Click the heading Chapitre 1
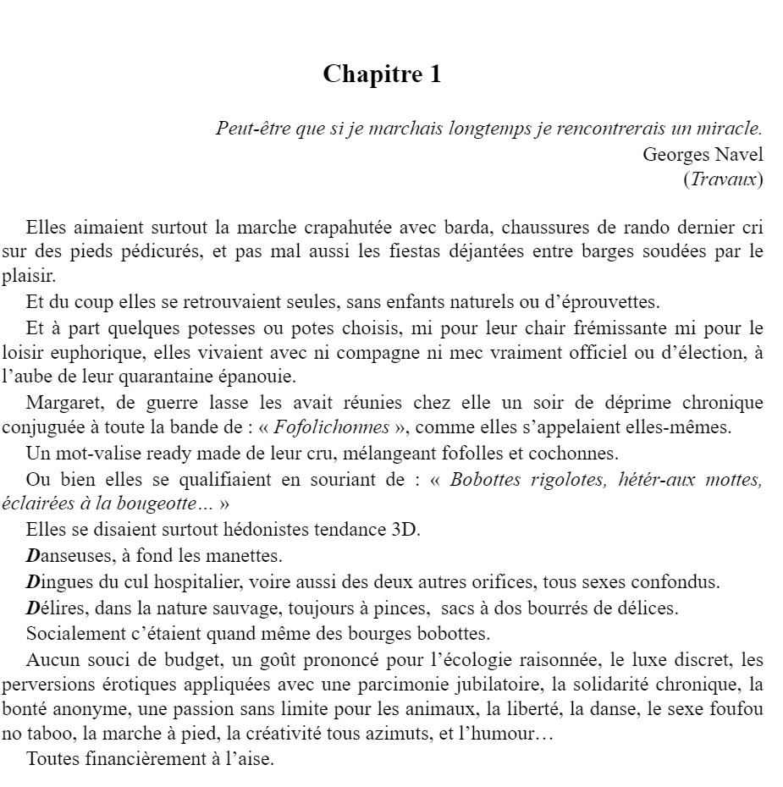(x=382, y=74)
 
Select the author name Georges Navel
(x=703, y=154)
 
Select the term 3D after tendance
(x=405, y=531)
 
